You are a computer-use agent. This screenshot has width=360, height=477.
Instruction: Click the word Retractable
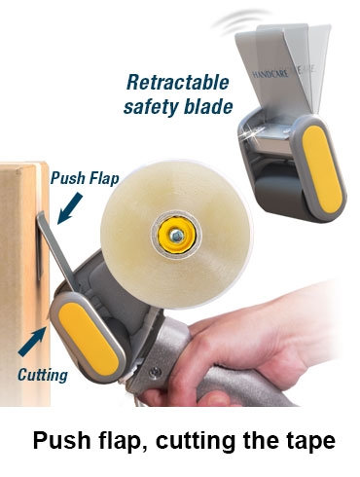(178, 83)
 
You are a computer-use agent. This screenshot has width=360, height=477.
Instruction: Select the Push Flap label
(85, 178)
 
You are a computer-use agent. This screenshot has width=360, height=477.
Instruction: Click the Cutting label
(43, 375)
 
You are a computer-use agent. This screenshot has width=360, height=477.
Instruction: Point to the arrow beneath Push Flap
(69, 208)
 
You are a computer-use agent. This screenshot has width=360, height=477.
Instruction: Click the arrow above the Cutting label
(32, 342)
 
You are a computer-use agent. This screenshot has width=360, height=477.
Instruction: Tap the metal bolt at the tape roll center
(177, 236)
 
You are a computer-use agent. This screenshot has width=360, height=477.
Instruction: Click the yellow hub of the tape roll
(177, 236)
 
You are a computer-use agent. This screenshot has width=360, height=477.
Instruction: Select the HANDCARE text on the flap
(270, 74)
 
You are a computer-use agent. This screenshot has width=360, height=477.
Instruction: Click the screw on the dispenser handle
(155, 373)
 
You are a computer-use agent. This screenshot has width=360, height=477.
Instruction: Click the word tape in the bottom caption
(310, 440)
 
